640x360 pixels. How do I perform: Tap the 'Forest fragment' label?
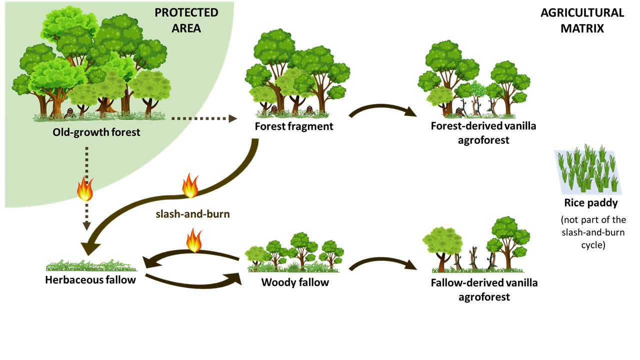coord(293,126)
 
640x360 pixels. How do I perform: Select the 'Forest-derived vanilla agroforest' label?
coord(483,132)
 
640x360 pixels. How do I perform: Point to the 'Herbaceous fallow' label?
coord(90,279)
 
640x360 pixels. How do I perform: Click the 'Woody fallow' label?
coord(295,282)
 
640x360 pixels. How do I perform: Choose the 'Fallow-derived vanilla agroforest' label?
coord(483,289)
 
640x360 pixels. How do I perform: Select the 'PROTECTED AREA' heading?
coord(186,20)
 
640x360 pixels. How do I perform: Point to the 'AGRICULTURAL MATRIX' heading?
coord(582,20)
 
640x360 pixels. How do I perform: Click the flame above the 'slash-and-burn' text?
coord(190,185)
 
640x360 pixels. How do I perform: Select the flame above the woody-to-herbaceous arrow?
coord(194,240)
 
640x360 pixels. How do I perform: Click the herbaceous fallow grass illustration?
coord(90,265)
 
